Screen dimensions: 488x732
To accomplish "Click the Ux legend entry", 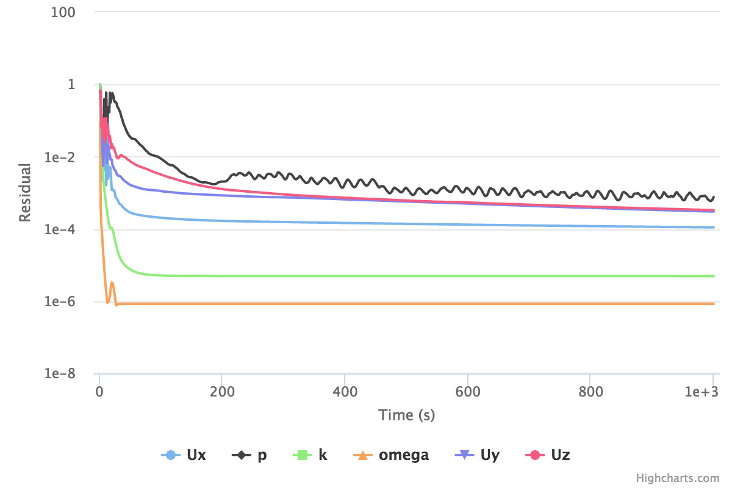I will click(184, 455).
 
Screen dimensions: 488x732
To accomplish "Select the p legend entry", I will click(251, 455).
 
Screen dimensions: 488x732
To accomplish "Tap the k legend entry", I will click(311, 455).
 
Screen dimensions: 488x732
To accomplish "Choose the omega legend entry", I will click(391, 455).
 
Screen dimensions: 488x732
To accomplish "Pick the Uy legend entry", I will click(478, 455).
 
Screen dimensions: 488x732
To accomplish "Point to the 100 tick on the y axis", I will click(71, 12).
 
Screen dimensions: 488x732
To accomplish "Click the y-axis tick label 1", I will click(79, 84).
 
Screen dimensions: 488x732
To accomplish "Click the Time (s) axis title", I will click(406, 415).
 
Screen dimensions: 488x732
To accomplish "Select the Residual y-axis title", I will click(25, 192).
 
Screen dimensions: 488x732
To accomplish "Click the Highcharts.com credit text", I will click(678, 478).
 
